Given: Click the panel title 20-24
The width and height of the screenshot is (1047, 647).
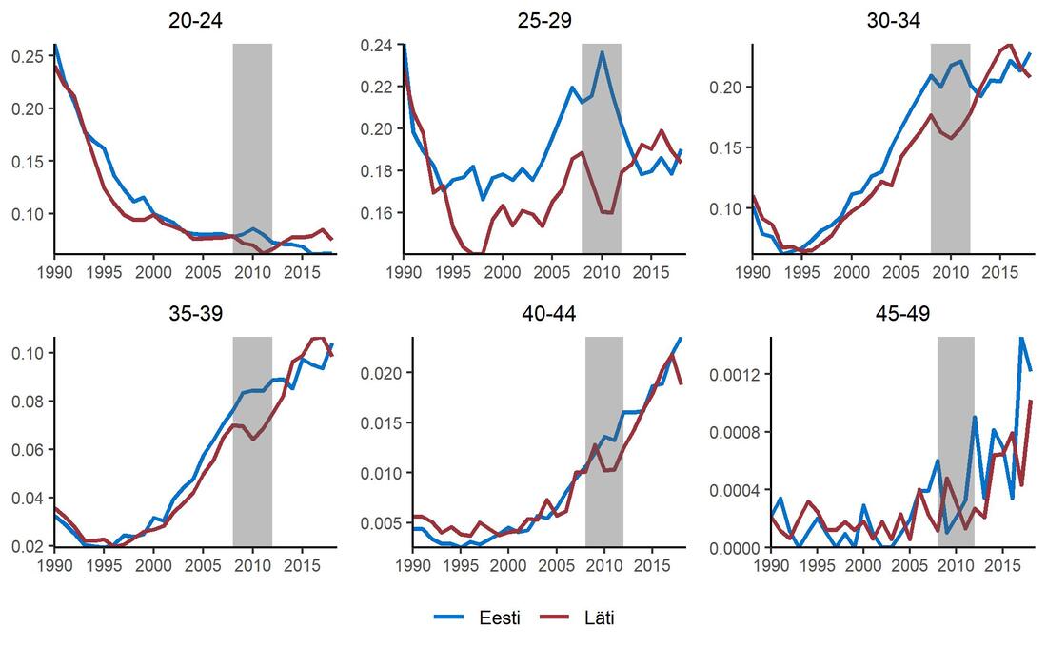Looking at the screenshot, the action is tap(195, 21).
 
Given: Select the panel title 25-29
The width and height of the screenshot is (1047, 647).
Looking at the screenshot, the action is tap(544, 21).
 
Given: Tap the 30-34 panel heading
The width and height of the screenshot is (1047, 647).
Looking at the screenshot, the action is tap(894, 21).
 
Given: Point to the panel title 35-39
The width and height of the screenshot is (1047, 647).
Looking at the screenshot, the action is tap(195, 313).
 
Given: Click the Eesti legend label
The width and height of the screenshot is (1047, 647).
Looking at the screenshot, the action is tap(500, 618).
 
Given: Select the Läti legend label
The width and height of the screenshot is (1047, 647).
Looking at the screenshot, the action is tap(599, 618).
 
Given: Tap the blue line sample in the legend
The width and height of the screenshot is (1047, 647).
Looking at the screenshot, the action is tap(448, 618).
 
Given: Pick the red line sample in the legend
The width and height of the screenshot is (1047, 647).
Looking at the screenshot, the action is tap(554, 618).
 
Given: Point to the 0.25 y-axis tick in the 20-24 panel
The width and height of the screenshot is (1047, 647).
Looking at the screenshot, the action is tap(28, 57).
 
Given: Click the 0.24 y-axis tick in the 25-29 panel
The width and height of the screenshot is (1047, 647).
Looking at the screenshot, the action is tap(377, 46).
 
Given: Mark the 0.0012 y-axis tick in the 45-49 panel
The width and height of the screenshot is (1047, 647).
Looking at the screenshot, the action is tap(735, 374).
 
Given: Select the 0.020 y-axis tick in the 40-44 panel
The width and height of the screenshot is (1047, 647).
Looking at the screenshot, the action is tap(382, 373).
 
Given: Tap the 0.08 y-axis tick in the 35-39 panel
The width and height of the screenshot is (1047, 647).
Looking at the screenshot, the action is tap(28, 402).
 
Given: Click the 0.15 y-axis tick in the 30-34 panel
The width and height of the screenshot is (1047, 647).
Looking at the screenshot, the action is tap(726, 147).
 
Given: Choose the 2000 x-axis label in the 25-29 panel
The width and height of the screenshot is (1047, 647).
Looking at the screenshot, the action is tap(503, 272).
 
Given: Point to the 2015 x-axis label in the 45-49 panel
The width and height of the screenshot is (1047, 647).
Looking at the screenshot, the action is tap(999, 565).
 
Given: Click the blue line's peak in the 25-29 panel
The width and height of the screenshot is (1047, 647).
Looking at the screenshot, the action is tap(602, 51).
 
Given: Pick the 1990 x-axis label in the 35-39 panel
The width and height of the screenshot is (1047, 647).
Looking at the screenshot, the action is tap(55, 565).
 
